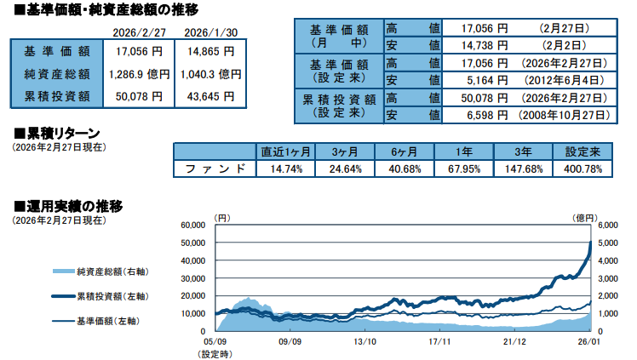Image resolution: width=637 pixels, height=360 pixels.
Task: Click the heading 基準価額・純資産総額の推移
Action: pos(106,10)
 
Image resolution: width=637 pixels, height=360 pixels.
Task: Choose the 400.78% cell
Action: pos(583,169)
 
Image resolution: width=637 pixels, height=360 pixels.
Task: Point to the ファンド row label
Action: pos(216,169)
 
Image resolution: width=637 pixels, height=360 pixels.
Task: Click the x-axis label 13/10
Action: pos(365,341)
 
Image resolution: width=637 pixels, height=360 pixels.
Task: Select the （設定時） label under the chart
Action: pos(215,352)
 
